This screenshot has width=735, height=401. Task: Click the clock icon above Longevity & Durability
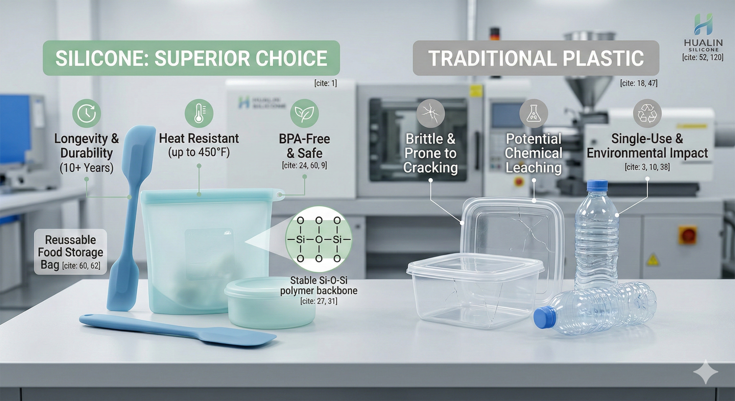click(86, 113)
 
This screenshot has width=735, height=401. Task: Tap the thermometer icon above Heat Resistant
click(199, 113)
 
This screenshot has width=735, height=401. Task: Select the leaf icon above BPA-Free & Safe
click(304, 113)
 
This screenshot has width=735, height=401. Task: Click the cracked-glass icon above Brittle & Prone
click(430, 113)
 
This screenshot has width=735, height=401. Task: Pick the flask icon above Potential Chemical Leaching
click(533, 113)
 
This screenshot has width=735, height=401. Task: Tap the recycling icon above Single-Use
click(647, 113)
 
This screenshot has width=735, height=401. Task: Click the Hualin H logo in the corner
click(703, 24)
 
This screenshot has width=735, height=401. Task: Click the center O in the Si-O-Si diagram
click(319, 239)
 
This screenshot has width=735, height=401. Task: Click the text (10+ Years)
click(86, 168)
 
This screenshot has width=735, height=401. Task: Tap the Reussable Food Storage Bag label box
click(70, 252)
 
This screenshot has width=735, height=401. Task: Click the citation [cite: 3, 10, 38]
click(647, 167)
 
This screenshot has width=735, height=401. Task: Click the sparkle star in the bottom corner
click(705, 372)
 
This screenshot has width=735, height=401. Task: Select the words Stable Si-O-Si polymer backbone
click(319, 286)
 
